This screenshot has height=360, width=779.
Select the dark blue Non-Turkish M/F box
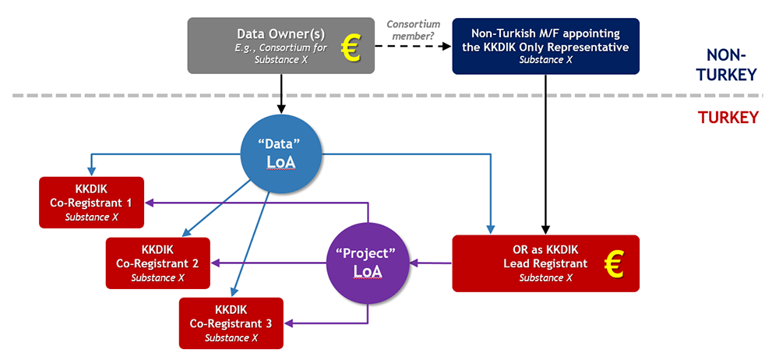[545, 46]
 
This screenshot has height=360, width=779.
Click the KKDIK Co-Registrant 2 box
[158, 263]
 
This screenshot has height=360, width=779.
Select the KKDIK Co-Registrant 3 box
[231, 323]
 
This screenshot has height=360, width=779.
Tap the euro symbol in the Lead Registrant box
[615, 264]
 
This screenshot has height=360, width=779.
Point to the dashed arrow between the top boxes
[413, 47]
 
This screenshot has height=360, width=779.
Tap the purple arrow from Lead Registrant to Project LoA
[432, 263]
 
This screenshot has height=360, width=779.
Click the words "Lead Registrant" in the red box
[545, 264]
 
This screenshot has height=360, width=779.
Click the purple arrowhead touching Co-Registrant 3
[289, 320]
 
